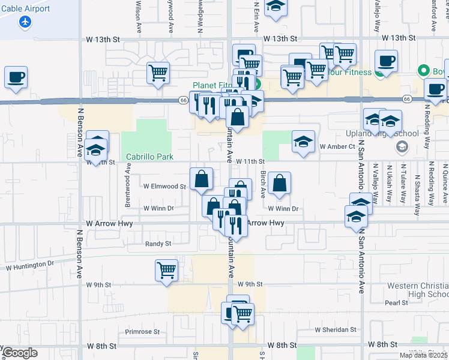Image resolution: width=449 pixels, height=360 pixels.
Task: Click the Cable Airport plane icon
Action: click(x=25, y=22)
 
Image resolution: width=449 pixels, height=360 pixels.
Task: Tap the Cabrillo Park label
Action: click(x=149, y=157)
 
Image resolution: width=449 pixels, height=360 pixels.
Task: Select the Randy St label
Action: click(x=158, y=244)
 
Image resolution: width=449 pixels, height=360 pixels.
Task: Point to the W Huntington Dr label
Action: click(x=29, y=263)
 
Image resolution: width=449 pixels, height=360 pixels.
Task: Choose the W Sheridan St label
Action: click(x=336, y=330)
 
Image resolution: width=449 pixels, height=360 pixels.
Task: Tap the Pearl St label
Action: click(x=396, y=303)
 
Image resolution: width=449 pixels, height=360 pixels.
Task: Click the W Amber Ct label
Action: click(x=338, y=146)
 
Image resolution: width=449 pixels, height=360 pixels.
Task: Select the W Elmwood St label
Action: click(x=164, y=187)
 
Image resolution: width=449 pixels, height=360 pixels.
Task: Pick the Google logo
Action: click(x=20, y=353)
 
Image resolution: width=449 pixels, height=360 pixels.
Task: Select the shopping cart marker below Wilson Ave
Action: click(x=158, y=73)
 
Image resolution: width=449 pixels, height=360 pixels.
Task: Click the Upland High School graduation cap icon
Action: click(x=402, y=147)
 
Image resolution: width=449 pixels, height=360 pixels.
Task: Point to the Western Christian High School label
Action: click(x=418, y=290)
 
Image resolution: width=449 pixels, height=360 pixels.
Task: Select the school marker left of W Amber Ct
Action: click(x=304, y=142)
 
